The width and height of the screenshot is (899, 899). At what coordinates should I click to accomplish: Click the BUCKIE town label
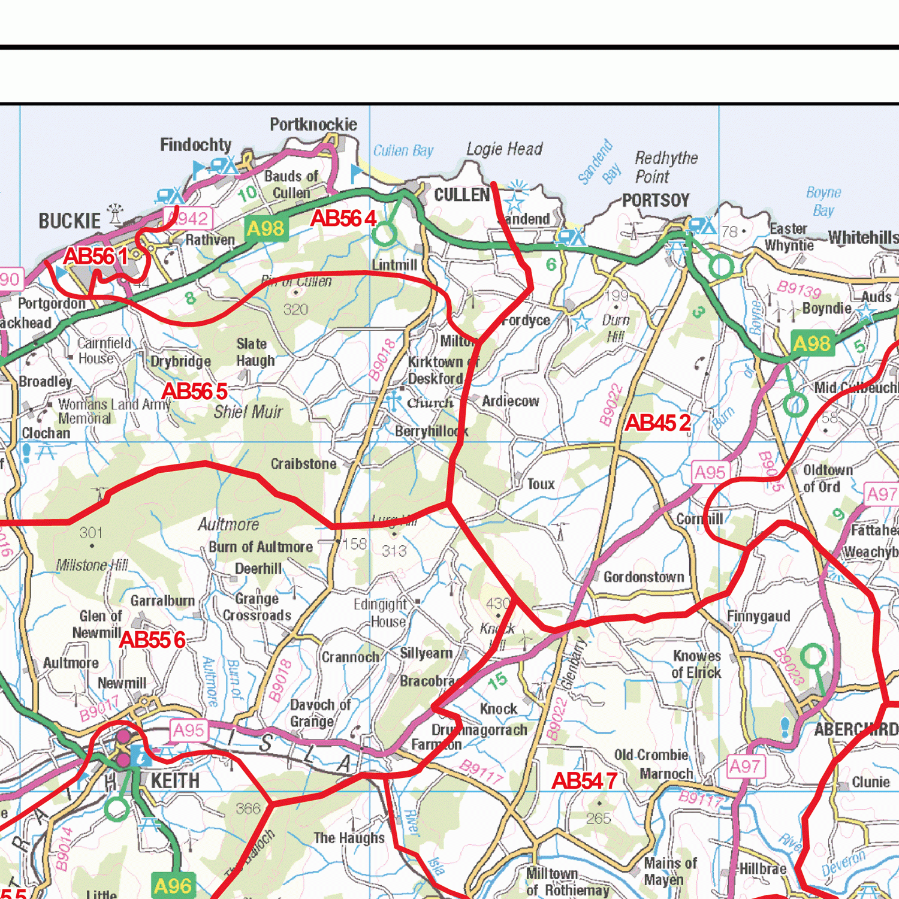pos(70,221)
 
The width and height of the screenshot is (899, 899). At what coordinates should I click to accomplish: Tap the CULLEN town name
pos(461,195)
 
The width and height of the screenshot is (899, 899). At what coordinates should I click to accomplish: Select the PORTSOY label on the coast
pos(656,200)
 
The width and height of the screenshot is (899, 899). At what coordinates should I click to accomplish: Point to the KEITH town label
pos(174,781)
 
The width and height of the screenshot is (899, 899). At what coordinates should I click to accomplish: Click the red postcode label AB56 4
pos(343,219)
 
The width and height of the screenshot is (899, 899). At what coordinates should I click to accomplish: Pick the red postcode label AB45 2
pos(657,423)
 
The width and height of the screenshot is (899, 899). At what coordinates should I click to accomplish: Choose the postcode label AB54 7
pos(584,781)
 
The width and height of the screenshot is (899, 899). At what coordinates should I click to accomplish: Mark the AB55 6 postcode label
pos(152,640)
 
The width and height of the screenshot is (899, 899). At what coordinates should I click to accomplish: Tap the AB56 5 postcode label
pos(195,391)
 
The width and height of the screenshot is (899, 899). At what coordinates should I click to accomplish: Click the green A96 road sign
pos(173,886)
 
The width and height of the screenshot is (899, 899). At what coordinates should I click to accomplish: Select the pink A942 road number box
pos(189,219)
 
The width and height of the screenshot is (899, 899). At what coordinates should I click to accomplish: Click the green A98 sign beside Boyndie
pos(812,343)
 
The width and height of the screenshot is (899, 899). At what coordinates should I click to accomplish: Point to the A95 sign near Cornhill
pos(710,473)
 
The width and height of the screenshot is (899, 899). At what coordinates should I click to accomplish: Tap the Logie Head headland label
pos(504,149)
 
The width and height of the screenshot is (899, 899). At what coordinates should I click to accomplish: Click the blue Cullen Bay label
pos(403,150)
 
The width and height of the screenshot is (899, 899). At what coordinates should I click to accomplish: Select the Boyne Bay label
pos(823,201)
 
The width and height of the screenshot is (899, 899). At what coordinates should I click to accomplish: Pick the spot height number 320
pos(295,310)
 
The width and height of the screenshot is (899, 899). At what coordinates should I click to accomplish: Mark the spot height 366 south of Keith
pos(248,809)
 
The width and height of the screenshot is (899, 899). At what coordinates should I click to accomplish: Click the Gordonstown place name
pos(644,577)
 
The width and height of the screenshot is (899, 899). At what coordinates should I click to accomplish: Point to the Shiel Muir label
pos(248,412)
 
